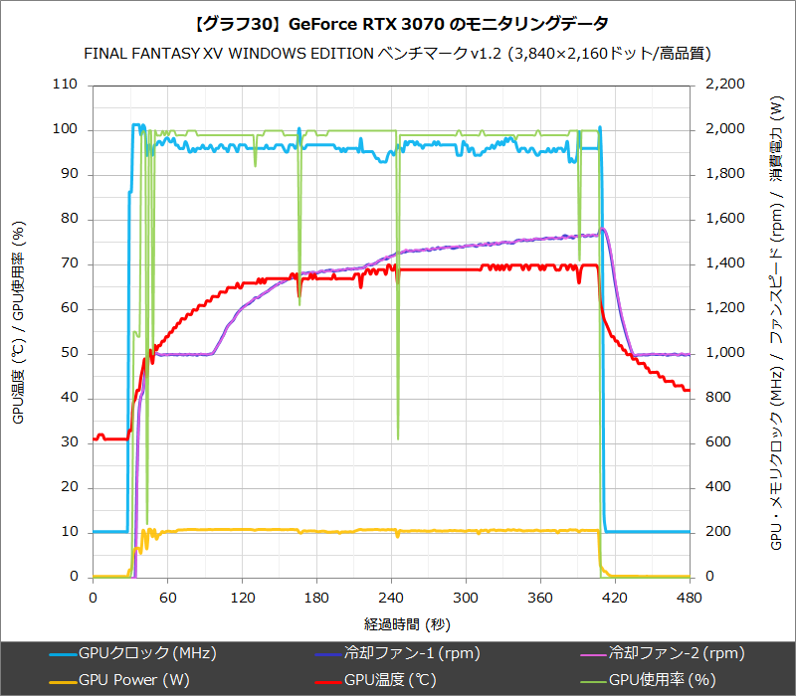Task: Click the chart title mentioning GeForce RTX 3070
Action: pyautogui.click(x=398, y=22)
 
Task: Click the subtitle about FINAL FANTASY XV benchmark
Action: pyautogui.click(x=398, y=53)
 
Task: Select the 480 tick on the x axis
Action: pyautogui.click(x=690, y=598)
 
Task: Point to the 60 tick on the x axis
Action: pyautogui.click(x=167, y=598)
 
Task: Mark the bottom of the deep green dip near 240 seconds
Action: pyautogui.click(x=398, y=438)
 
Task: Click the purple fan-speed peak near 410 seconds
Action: pyautogui.click(x=603, y=230)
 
